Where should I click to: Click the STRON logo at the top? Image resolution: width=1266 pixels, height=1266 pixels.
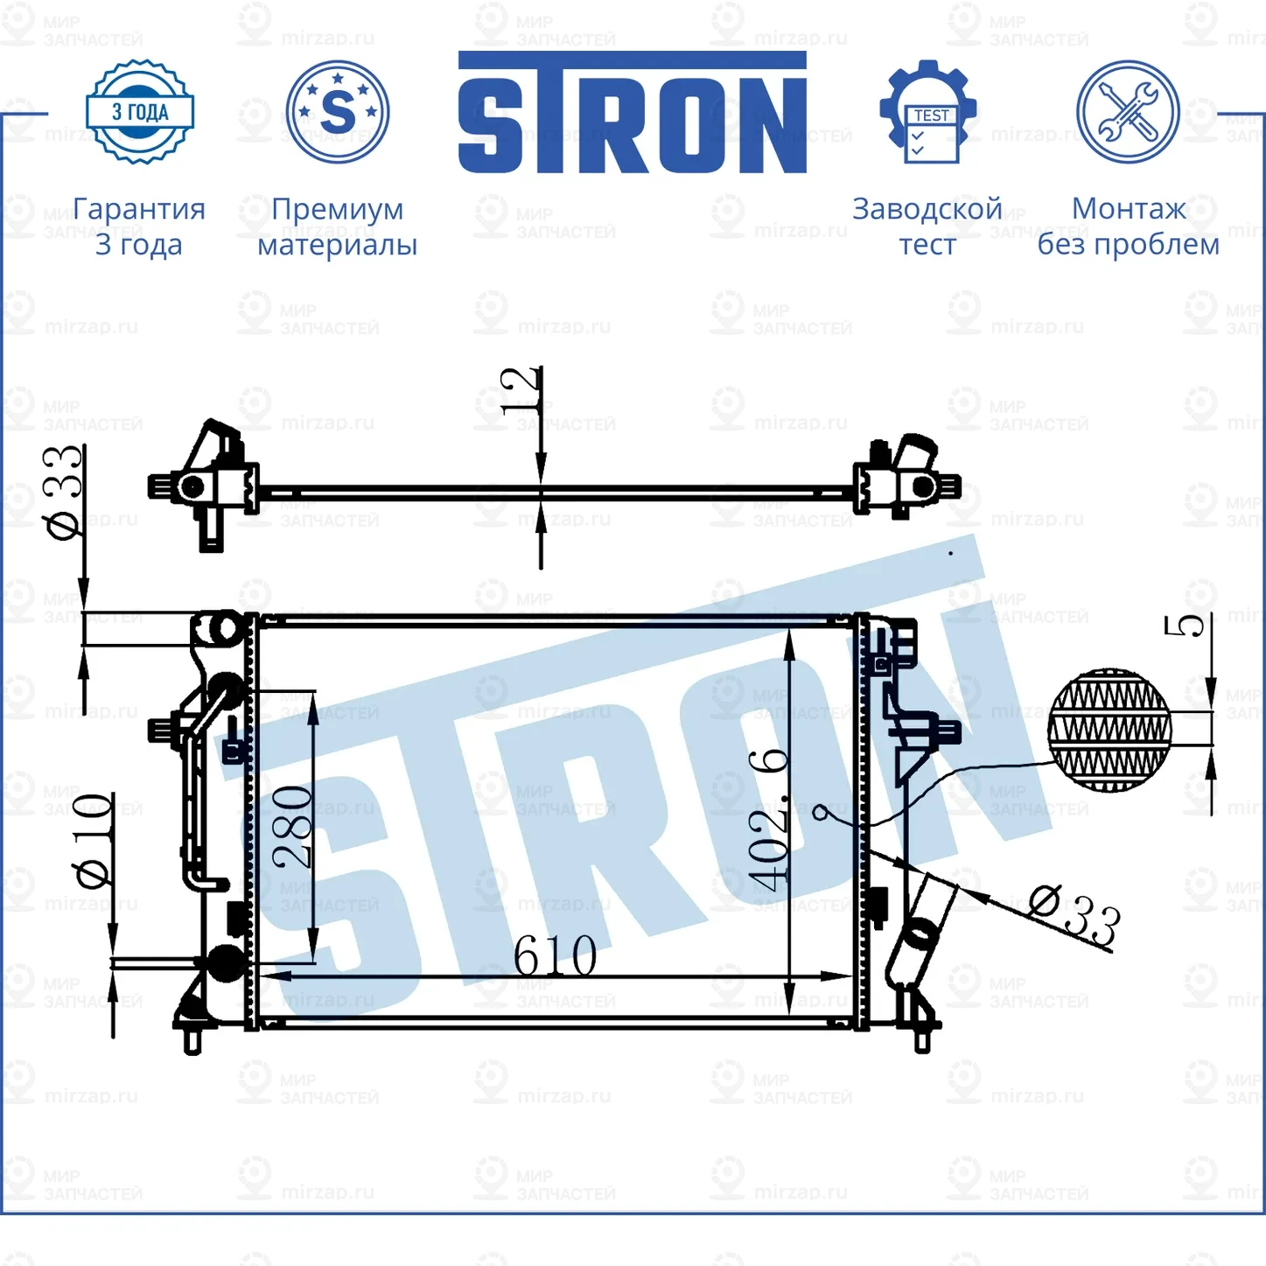(632, 114)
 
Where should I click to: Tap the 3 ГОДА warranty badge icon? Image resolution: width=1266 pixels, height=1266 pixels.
(140, 112)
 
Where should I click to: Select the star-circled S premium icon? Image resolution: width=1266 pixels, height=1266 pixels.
(338, 112)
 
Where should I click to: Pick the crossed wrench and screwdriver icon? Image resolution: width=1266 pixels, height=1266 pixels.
(1128, 112)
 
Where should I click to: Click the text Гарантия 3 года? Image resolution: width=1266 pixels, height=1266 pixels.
(139, 227)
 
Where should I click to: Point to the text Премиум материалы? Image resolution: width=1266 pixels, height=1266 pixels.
(337, 227)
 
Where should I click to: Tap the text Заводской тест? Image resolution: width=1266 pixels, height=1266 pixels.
(927, 227)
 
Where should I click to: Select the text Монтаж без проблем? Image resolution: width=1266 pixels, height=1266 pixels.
(1128, 227)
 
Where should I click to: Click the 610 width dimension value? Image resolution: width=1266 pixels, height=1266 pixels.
(555, 955)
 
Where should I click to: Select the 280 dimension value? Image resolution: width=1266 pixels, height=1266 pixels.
(292, 827)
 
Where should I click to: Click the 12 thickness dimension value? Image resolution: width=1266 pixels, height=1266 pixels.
(521, 390)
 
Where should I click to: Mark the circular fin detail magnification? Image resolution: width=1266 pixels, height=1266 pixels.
(1109, 730)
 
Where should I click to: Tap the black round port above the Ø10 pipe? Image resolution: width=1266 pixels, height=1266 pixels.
(225, 962)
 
